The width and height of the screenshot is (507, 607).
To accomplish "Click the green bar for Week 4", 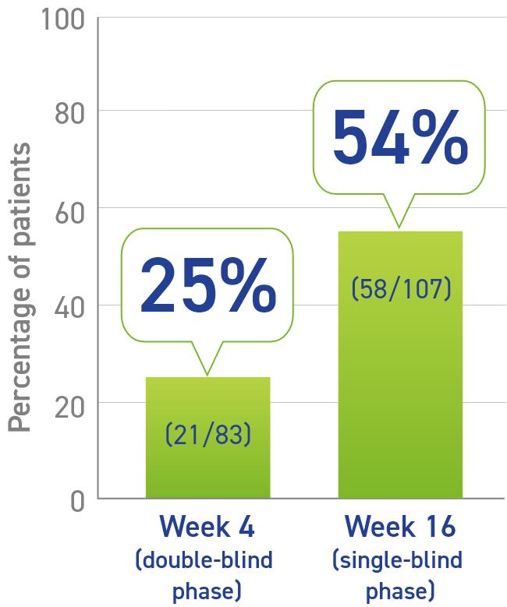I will tap(207, 468).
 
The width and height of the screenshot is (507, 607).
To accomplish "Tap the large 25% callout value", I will tap(208, 285).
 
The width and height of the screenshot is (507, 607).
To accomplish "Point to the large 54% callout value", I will tap(399, 137).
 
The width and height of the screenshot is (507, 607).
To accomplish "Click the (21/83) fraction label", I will tap(208, 434).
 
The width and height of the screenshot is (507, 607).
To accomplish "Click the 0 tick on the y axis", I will tap(76, 500).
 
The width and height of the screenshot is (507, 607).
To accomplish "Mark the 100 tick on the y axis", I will tap(62, 18).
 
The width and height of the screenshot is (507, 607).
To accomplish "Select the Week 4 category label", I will tap(207, 527).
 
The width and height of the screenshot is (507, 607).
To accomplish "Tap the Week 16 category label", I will tap(399, 527).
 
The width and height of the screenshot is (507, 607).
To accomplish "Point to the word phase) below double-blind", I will tap(207, 586).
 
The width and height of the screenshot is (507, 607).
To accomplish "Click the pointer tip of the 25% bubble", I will tap(207, 375).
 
